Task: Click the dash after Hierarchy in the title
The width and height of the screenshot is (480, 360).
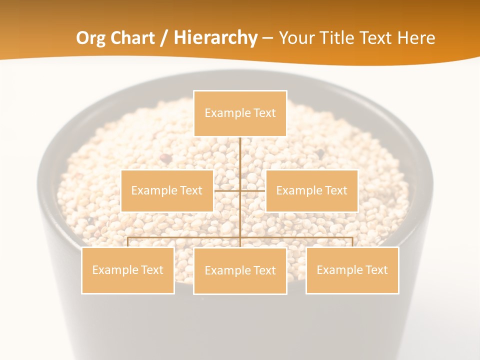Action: click(267, 38)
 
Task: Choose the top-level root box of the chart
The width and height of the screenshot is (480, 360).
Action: click(240, 113)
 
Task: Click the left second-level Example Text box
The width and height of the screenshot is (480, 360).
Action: click(167, 190)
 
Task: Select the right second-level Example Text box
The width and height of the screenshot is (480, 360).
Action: click(311, 190)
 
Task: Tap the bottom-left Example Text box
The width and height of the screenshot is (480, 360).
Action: click(127, 270)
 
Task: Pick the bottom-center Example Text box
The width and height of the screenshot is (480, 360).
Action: click(240, 270)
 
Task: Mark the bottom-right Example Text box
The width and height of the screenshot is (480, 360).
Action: click(352, 270)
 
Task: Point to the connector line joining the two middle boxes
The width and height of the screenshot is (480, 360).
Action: click(227, 190)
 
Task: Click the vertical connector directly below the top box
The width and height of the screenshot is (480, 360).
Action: click(240, 155)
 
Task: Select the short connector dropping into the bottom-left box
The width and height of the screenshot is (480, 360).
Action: click(128, 242)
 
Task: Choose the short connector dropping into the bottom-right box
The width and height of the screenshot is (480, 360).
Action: click(352, 242)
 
